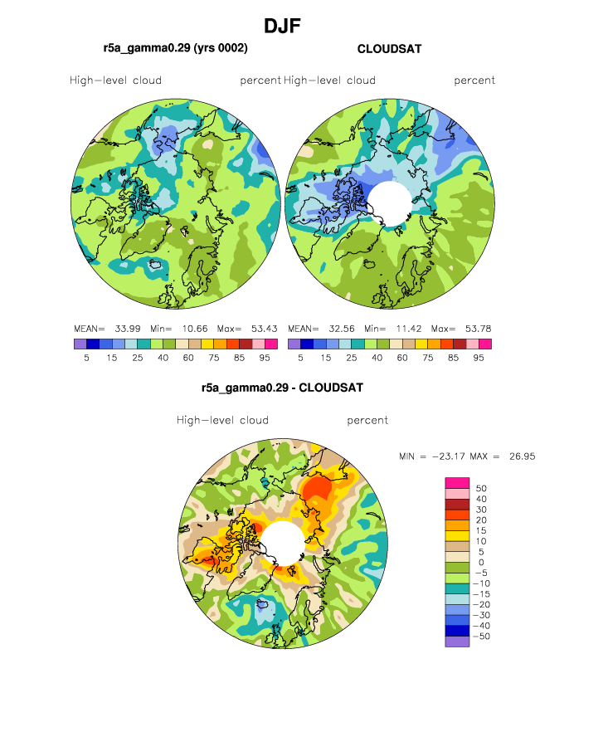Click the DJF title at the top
(282, 26)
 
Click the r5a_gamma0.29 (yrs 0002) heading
(176, 48)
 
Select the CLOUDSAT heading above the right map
(389, 49)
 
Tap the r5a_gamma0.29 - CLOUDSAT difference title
(282, 388)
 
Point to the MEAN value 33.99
(128, 329)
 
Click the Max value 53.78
(478, 329)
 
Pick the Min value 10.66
(195, 329)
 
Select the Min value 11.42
(409, 329)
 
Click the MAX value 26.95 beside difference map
(522, 456)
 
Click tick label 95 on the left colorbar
(265, 358)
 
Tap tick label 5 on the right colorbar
(300, 358)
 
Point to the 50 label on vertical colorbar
(481, 488)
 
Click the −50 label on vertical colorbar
(482, 637)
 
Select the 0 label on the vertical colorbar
(481, 563)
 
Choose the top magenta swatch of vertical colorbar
(457, 483)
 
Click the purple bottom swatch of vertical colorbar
(457, 642)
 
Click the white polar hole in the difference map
(283, 544)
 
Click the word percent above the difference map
(367, 421)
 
